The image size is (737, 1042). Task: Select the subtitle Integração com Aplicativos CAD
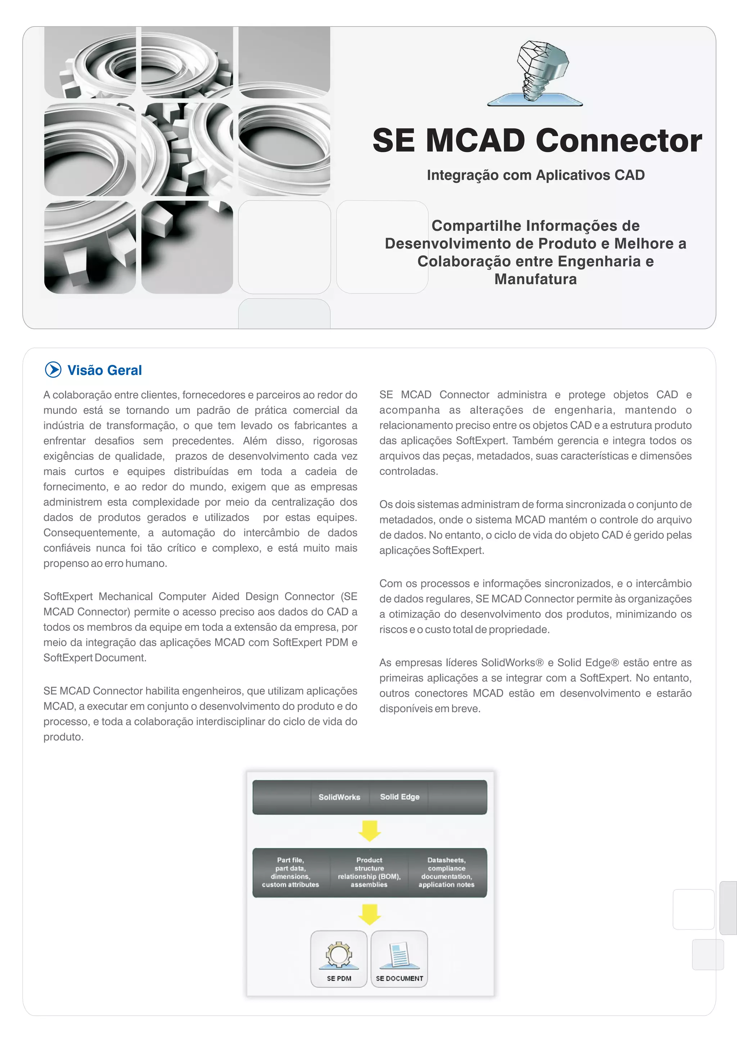(x=535, y=175)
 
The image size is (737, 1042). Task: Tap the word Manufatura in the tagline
(x=535, y=279)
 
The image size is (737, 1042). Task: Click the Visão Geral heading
(x=104, y=370)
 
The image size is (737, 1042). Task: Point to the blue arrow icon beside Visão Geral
(x=53, y=370)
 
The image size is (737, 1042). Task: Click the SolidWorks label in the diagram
(x=339, y=797)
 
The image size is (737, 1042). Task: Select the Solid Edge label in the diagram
(x=399, y=797)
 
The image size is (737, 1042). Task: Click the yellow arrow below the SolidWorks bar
(x=370, y=830)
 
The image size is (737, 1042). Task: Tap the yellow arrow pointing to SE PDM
(x=370, y=914)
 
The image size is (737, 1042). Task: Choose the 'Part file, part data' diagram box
(x=290, y=872)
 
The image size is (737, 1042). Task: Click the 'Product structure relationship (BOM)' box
(x=369, y=872)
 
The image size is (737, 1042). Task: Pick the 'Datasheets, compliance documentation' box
(x=447, y=872)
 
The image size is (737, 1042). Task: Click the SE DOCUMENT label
(x=399, y=978)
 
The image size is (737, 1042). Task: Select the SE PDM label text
(x=339, y=978)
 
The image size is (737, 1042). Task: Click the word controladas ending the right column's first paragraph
(x=408, y=472)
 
